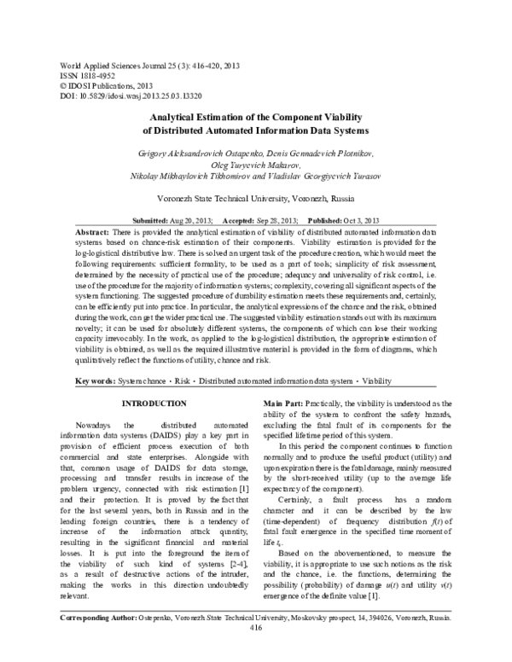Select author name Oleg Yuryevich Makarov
point(255,163)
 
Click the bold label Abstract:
point(92,231)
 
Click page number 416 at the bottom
point(255,650)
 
